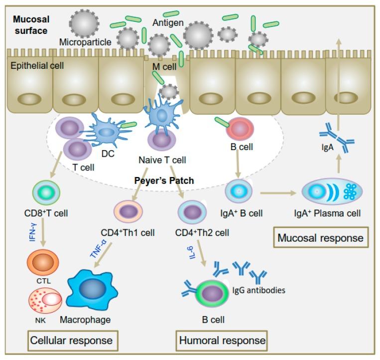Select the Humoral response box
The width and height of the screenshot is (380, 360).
pyautogui.click(x=221, y=341)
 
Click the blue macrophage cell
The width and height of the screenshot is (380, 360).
pyautogui.click(x=91, y=290)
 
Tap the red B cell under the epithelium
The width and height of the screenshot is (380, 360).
pyautogui.click(x=240, y=129)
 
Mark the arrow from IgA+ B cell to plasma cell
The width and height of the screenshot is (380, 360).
pyautogui.click(x=277, y=191)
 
